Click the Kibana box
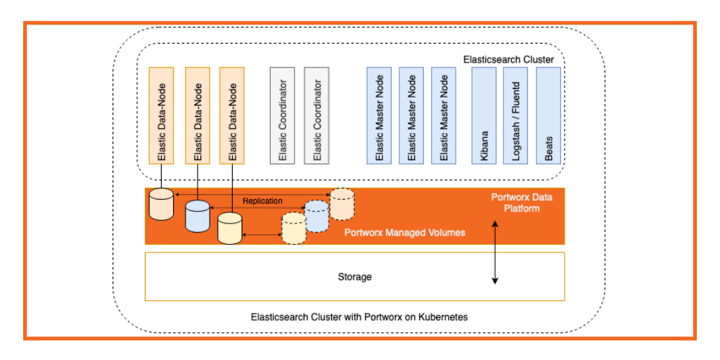pyautogui.click(x=484, y=115)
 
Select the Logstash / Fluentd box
pyautogui.click(x=515, y=115)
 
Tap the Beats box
pyautogui.click(x=548, y=115)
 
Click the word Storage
pyautogui.click(x=354, y=277)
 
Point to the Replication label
pyautogui.click(x=262, y=201)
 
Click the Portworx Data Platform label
pyautogui.click(x=521, y=202)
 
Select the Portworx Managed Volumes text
pyautogui.click(x=404, y=232)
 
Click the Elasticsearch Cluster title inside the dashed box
pyautogui.click(x=508, y=60)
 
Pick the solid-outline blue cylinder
pyautogui.click(x=198, y=216)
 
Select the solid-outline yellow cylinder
pyautogui.click(x=229, y=229)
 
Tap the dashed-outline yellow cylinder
pyautogui.click(x=294, y=229)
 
